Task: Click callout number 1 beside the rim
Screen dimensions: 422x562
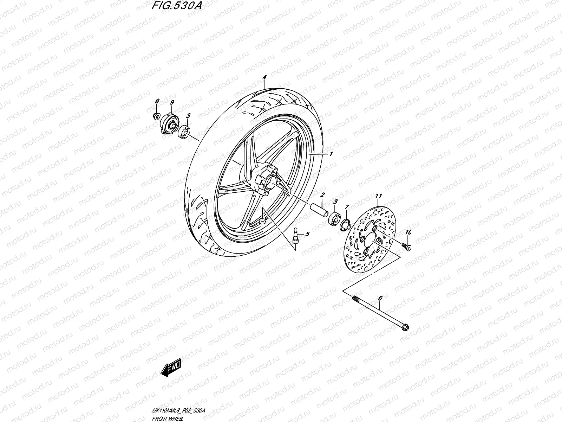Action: coord(331,154)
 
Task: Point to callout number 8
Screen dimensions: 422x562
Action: coord(157,101)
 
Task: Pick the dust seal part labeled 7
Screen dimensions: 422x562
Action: coord(345,224)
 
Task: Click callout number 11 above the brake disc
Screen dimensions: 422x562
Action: coord(378,196)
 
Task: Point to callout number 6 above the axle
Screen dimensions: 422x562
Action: coord(380,299)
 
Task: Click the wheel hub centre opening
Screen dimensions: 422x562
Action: coord(273,183)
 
